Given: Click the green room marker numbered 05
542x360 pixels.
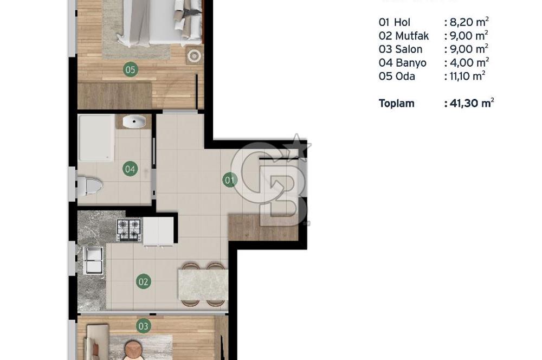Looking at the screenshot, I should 130,69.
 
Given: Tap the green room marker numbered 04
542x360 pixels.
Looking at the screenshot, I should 130,169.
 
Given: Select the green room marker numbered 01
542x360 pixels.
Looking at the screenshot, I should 230,179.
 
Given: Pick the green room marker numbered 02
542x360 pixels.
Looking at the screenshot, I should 143,281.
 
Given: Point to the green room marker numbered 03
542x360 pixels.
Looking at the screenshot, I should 143,326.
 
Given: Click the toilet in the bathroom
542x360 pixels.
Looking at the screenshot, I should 89,187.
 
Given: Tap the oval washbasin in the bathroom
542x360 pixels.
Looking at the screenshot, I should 133,121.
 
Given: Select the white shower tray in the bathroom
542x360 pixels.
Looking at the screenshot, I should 96,138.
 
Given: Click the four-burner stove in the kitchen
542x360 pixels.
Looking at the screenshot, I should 130,229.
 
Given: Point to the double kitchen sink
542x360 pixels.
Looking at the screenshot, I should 94,260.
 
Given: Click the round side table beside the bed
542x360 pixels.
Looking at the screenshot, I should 193,55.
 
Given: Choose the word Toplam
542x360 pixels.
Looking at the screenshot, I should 396,103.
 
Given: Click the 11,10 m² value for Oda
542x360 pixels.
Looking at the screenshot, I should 464,76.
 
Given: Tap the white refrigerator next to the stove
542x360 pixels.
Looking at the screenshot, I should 158,230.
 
